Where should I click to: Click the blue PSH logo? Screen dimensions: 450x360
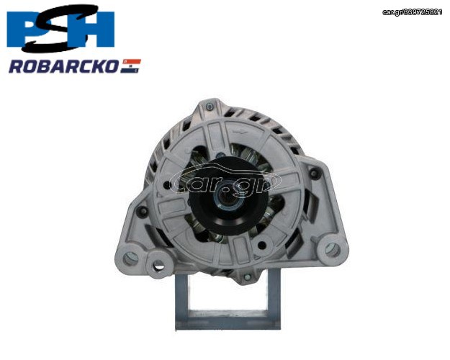tap(60, 28)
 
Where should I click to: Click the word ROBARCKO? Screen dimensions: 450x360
tap(63, 66)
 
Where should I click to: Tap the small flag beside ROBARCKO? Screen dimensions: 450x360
tap(130, 66)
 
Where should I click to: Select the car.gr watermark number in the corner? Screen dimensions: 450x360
tap(413, 12)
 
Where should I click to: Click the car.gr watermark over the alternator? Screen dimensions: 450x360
tap(225, 181)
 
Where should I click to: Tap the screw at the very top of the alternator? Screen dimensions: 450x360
tap(210, 107)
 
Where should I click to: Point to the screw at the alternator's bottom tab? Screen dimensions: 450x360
tap(247, 277)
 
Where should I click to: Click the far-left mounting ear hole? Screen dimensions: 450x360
tap(130, 258)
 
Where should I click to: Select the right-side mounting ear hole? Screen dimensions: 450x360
tap(333, 250)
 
